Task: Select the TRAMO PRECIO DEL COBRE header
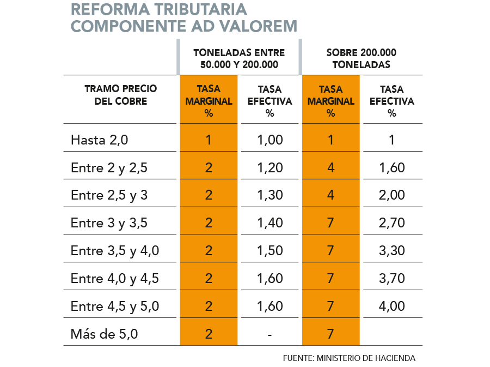tap(120, 95)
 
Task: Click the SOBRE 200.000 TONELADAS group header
tap(361, 58)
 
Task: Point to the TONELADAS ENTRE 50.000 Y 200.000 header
tap(240, 58)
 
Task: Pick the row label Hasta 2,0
tap(100, 140)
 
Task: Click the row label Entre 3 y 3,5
tap(109, 223)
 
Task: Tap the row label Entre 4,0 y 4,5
tap(115, 279)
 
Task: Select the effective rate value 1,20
tap(269, 167)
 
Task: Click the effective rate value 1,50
tap(269, 251)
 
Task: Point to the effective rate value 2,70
tap(392, 223)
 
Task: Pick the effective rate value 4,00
tap(392, 306)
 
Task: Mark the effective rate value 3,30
tap(392, 251)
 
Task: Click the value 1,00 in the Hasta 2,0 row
tap(269, 140)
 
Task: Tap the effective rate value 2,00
tap(392, 195)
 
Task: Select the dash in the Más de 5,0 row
tap(269, 334)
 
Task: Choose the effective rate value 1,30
tap(269, 195)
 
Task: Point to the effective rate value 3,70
tap(392, 279)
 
